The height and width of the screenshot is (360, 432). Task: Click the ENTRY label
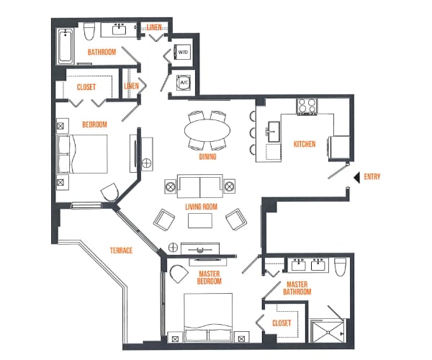pos(373,177)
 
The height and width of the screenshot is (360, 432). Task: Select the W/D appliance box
pos(182,52)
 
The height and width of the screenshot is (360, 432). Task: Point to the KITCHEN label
pos(304,144)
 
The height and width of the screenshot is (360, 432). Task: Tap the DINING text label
pos(208,156)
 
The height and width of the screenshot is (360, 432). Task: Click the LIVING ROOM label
pos(201,207)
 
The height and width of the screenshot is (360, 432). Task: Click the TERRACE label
pos(121,251)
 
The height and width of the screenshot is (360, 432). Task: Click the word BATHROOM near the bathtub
pos(102,52)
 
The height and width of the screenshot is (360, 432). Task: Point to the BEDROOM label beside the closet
pos(94,125)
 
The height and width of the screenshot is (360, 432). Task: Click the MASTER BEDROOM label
pos(210,277)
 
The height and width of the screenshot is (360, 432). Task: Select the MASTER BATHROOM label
pos(299,288)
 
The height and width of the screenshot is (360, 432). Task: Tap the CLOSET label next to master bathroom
pos(282,323)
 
